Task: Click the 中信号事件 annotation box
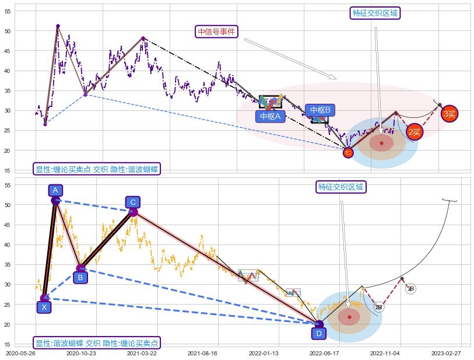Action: click(217, 32)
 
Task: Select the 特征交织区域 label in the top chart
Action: click(376, 13)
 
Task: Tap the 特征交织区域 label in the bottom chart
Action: click(341, 187)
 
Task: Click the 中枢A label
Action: click(270, 116)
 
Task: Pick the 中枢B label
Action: click(320, 110)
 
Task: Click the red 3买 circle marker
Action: click(449, 114)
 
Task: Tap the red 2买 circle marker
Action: click(415, 132)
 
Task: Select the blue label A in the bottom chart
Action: click(55, 190)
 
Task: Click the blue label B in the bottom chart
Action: click(81, 277)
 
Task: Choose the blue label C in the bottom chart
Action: click(133, 202)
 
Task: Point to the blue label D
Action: click(318, 333)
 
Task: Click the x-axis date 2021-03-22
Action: click(142, 353)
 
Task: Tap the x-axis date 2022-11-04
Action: click(385, 353)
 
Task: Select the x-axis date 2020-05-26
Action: click(20, 353)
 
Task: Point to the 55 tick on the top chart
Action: click(8, 11)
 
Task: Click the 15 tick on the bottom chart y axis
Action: click(8, 344)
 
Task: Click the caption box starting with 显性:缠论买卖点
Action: click(97, 169)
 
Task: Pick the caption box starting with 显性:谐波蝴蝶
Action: click(97, 343)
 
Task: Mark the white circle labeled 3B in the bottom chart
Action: click(410, 288)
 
